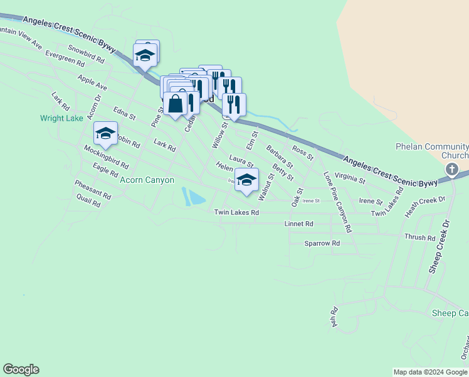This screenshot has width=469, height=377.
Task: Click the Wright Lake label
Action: point(61,117)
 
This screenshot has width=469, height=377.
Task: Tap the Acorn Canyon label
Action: point(147,180)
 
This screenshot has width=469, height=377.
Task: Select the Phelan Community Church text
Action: point(432,151)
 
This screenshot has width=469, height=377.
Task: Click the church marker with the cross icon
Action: point(451,169)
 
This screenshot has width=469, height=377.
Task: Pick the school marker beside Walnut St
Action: point(247,180)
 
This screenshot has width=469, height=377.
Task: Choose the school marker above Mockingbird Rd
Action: point(105,133)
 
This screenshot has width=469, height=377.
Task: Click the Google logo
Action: point(21,369)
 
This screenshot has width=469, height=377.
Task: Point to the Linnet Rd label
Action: point(298,224)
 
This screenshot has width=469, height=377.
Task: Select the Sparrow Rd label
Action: point(322,243)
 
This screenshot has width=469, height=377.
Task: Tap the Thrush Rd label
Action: point(420,238)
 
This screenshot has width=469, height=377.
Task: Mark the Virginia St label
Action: point(350,177)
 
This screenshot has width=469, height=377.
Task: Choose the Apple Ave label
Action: point(92,82)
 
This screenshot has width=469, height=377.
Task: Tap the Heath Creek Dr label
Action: point(424,207)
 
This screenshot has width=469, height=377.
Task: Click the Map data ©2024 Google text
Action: point(430,372)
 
